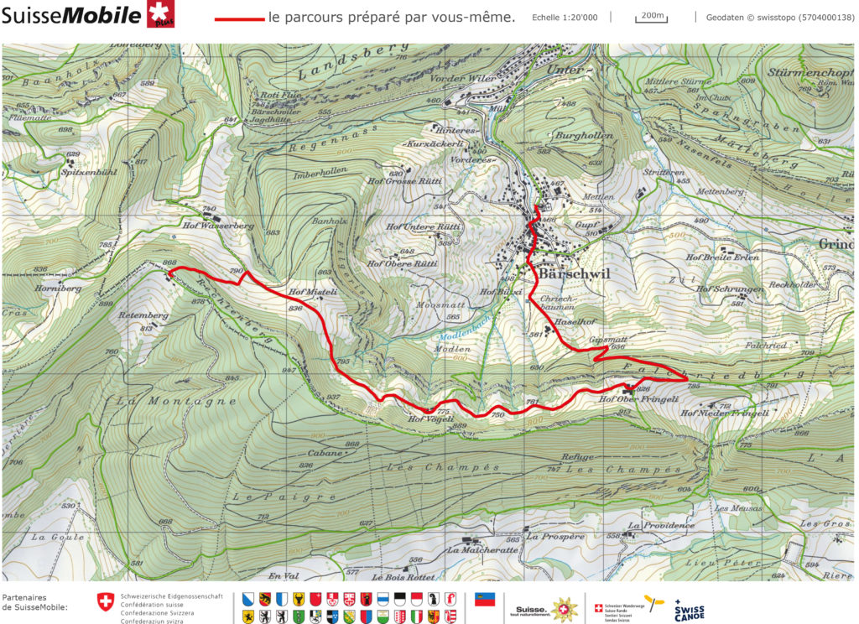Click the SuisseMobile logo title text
[x=71, y=15]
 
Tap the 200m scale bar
[x=651, y=16]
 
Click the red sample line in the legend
[x=238, y=18]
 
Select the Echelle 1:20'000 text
[x=565, y=17]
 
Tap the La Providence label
[x=662, y=525]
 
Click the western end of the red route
[x=169, y=271]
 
